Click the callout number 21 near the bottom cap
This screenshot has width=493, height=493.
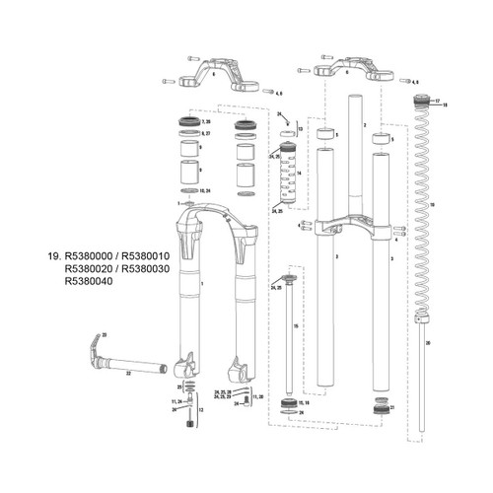click(x=391, y=406)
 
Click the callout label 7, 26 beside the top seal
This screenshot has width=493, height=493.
click(x=205, y=120)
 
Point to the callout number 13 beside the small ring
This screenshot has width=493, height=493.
click(x=300, y=129)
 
